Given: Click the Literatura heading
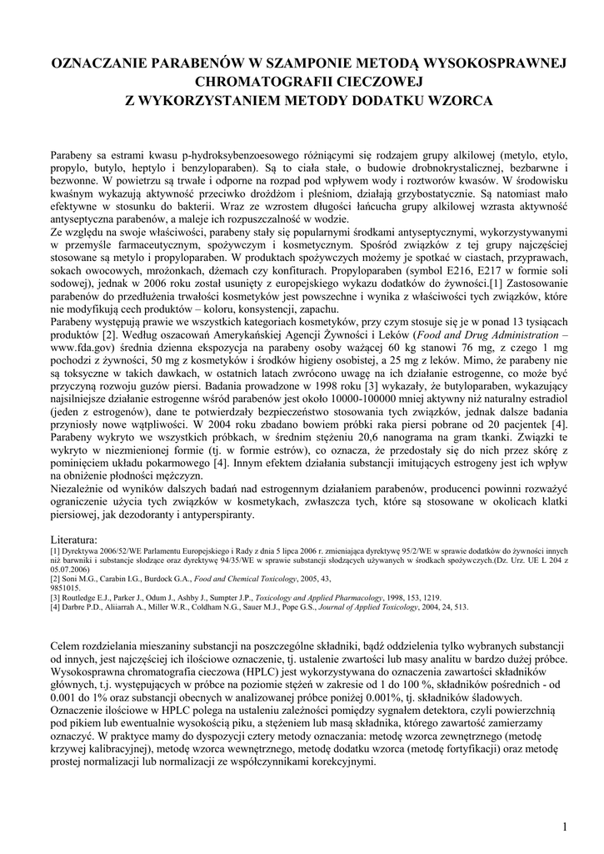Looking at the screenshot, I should click(74, 539).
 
